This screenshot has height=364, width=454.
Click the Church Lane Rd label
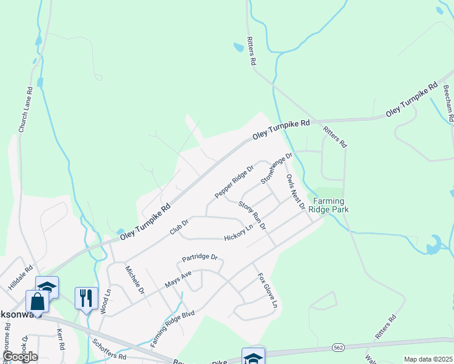click(x=25, y=110)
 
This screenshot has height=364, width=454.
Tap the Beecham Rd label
click(x=448, y=103)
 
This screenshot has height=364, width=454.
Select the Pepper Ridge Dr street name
click(x=234, y=181)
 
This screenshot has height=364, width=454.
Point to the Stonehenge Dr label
click(x=276, y=168)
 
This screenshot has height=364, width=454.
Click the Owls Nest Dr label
click(x=295, y=192)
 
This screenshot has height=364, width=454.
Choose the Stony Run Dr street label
click(x=252, y=215)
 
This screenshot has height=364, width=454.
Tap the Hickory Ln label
click(x=238, y=232)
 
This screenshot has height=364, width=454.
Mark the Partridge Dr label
click(x=200, y=258)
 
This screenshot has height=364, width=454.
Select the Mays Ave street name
click(x=178, y=280)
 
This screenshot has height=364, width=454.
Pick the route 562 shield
click(x=338, y=347)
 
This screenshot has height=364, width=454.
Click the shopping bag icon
click(x=37, y=301)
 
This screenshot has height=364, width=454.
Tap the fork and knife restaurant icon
click(x=86, y=297)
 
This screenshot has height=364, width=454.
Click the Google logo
click(x=19, y=356)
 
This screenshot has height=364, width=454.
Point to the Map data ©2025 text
click(x=428, y=359)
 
